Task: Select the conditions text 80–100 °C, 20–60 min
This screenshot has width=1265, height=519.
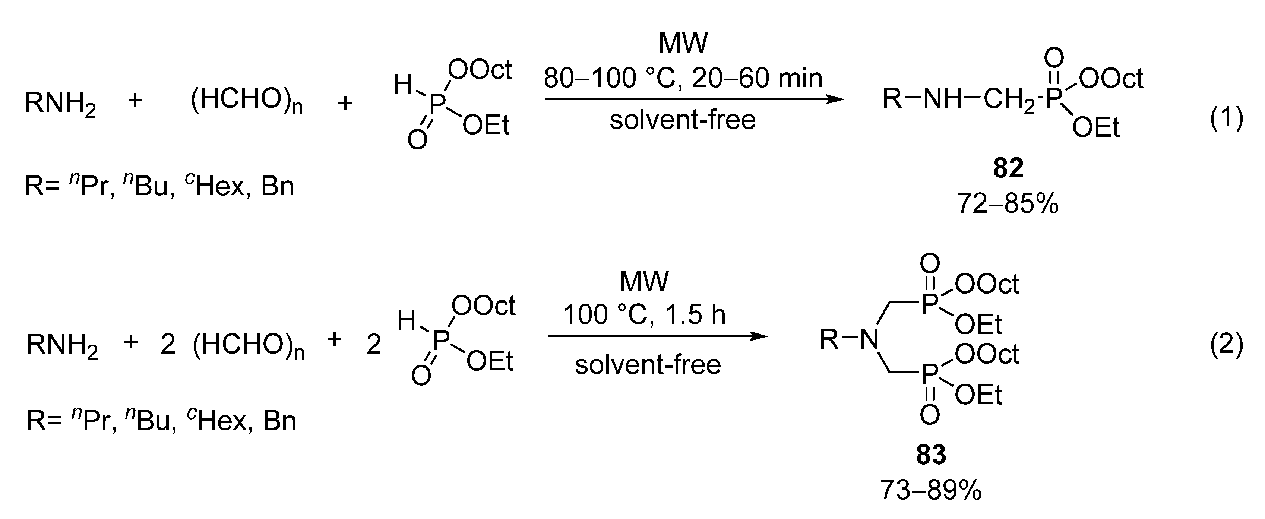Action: pyautogui.click(x=683, y=78)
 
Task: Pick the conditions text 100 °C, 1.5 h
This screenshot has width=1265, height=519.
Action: pyautogui.click(x=644, y=315)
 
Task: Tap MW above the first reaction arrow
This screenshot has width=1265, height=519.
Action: pyautogui.click(x=683, y=43)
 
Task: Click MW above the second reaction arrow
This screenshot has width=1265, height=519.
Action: pyautogui.click(x=644, y=281)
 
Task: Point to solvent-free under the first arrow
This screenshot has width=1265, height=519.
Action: pyautogui.click(x=683, y=120)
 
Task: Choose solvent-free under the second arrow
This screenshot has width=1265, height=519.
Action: pyautogui.click(x=648, y=365)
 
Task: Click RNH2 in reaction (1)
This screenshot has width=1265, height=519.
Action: pyautogui.click(x=60, y=104)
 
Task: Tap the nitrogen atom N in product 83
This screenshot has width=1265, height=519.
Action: pyautogui.click(x=870, y=339)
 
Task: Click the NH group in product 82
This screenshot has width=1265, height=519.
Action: pyautogui.click(x=942, y=99)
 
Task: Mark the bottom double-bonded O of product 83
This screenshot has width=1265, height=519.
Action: pyautogui.click(x=930, y=415)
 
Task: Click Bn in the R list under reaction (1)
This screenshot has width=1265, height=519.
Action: pyautogui.click(x=278, y=187)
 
